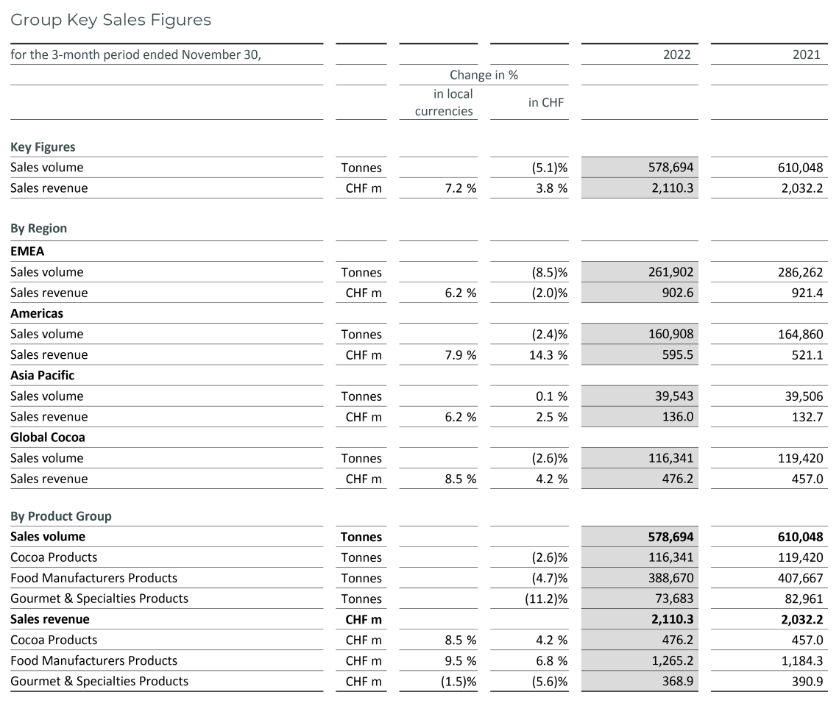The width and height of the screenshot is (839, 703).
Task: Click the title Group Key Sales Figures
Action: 111,20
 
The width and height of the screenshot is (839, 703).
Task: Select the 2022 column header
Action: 678,54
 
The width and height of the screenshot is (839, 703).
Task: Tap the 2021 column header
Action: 807,54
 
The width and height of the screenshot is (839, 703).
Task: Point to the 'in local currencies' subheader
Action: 444,102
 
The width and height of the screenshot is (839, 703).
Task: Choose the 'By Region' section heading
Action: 38,229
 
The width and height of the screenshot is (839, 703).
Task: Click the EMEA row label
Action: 27,251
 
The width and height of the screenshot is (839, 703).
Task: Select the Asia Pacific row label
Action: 42,375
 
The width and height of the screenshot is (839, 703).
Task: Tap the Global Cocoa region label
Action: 47,437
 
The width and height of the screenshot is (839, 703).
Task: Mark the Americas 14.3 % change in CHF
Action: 546,354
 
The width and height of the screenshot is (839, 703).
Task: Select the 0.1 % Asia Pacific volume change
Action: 551,396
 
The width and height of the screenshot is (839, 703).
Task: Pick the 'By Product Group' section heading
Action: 61,516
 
